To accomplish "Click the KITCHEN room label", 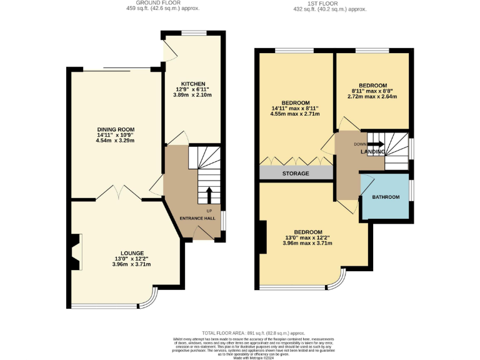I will point(193,84).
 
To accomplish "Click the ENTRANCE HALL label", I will point(197,218).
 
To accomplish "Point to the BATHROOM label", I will point(386,197).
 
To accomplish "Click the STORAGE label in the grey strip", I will point(296,173).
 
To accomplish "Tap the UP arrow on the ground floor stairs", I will point(209,194).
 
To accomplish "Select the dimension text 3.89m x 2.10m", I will point(193,95).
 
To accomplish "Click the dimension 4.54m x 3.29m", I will point(115,141).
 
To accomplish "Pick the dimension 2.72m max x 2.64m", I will point(372,97).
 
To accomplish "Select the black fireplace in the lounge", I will point(74,252).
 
